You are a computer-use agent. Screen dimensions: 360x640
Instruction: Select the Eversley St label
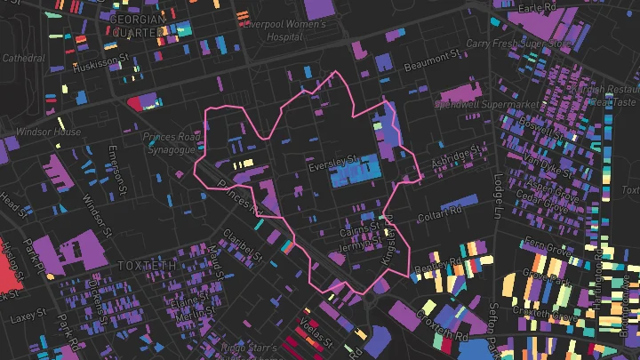tap(332, 164)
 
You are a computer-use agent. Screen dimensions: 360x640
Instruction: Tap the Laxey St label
tap(29, 316)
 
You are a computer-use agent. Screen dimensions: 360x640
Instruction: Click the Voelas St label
tap(316, 332)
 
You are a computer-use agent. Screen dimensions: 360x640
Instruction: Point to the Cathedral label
tap(24, 58)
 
